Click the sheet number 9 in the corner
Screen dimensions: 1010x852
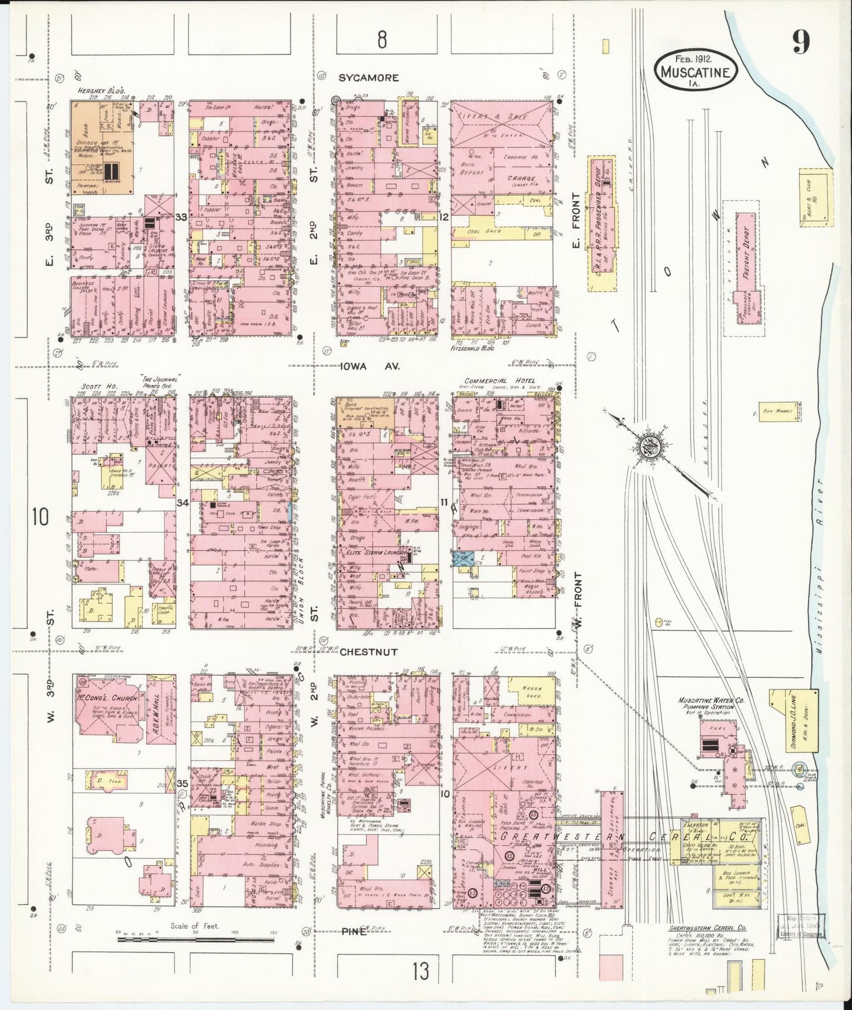(x=800, y=42)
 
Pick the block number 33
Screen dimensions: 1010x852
(x=181, y=217)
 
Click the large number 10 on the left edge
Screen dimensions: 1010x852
(x=41, y=517)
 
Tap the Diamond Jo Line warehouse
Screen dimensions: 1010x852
(x=797, y=721)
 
